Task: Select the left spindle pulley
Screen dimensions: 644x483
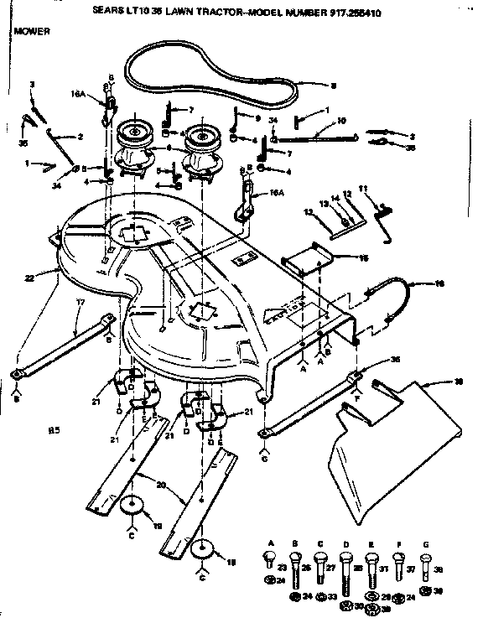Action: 134,132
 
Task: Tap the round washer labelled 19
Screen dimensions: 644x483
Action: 131,509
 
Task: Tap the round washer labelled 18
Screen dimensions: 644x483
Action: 202,550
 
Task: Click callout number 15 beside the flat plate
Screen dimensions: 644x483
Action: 363,259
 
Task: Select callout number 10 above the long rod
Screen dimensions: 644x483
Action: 341,121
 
